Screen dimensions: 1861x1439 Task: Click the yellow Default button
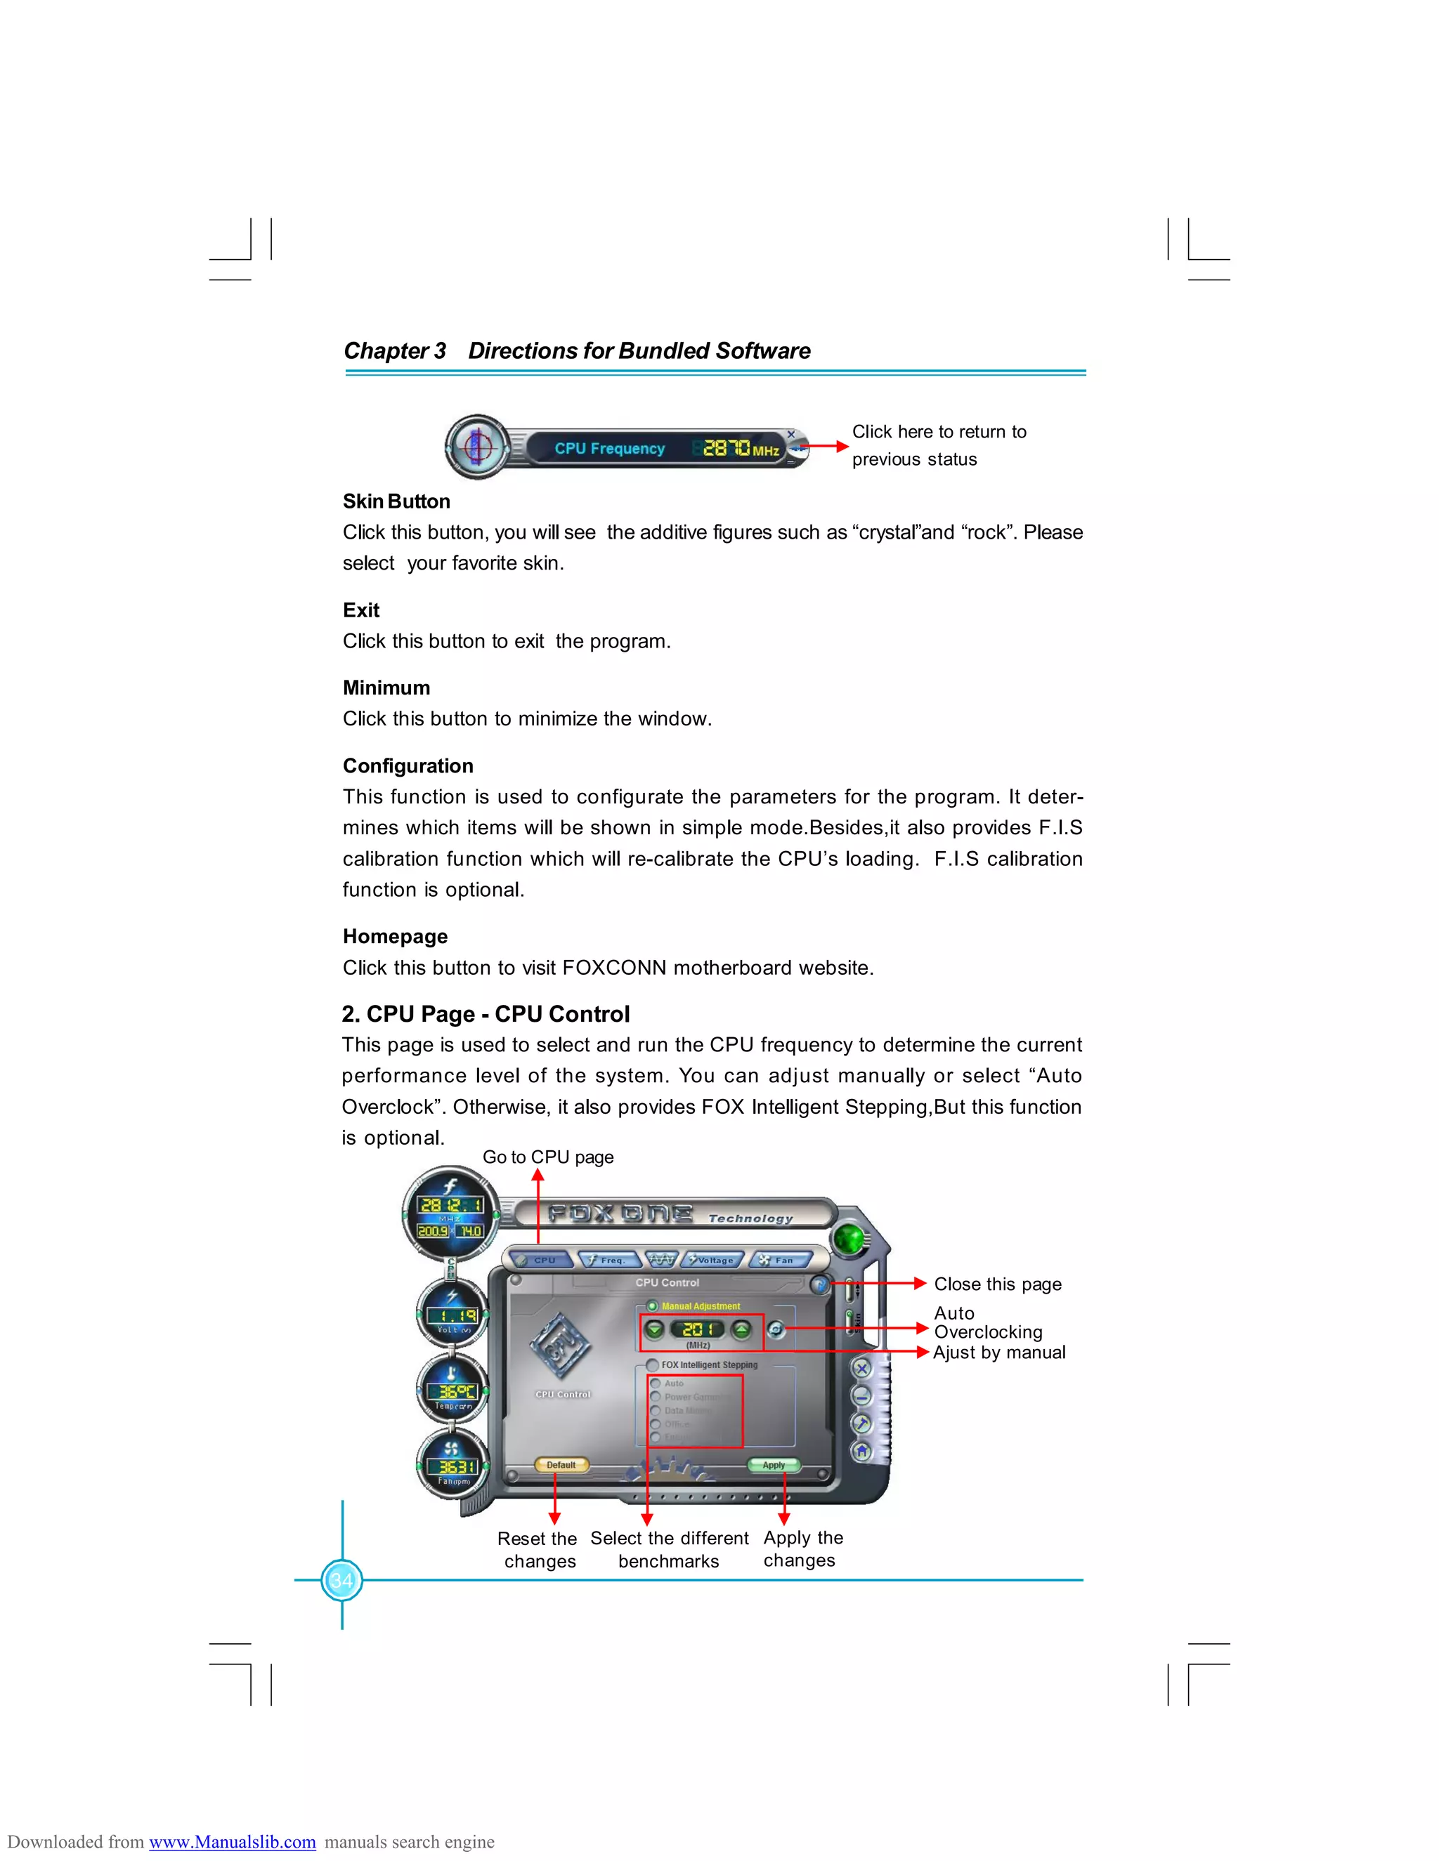[x=561, y=1465]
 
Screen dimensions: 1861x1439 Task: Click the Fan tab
[x=779, y=1259]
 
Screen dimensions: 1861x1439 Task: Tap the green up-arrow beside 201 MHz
[x=742, y=1329]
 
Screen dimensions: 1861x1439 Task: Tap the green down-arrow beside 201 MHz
[x=655, y=1329]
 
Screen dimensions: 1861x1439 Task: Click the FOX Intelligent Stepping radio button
[x=652, y=1364]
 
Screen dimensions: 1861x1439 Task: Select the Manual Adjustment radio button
[x=652, y=1306]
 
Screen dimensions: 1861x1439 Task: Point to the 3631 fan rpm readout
[x=453, y=1466]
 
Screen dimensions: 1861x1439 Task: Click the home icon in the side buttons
[x=862, y=1450]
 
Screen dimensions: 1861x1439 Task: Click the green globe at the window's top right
[x=848, y=1239]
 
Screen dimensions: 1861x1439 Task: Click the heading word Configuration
[x=408, y=765]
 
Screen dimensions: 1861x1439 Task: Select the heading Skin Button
[x=396, y=501]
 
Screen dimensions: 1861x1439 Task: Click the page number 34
[x=342, y=1581]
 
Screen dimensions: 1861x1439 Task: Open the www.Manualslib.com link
[x=232, y=1841]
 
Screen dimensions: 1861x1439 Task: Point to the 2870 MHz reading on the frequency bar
[x=727, y=447]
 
